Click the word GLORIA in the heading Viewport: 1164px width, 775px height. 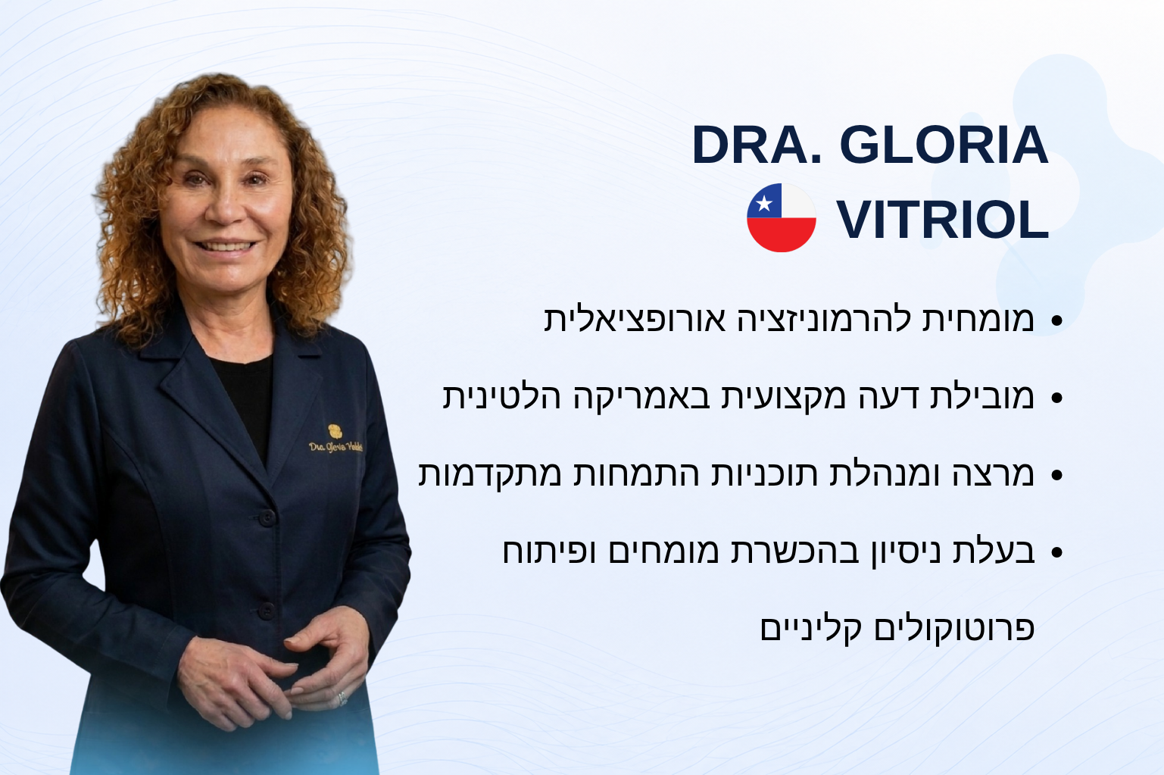[x=944, y=145]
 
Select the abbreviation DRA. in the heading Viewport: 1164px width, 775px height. [x=757, y=145]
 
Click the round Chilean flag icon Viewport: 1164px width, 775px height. [x=781, y=217]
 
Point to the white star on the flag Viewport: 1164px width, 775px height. [x=764, y=203]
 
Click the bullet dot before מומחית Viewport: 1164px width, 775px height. [x=1056, y=320]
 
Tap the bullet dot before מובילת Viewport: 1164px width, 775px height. [x=1056, y=398]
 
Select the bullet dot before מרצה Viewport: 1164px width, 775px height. [x=1056, y=475]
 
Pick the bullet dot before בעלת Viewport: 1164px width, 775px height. [x=1056, y=552]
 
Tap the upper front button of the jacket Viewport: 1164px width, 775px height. [x=267, y=517]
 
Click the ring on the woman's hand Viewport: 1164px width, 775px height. [x=342, y=698]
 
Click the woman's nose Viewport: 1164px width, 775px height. [x=226, y=205]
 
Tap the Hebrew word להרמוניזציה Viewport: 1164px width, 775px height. [x=825, y=319]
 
